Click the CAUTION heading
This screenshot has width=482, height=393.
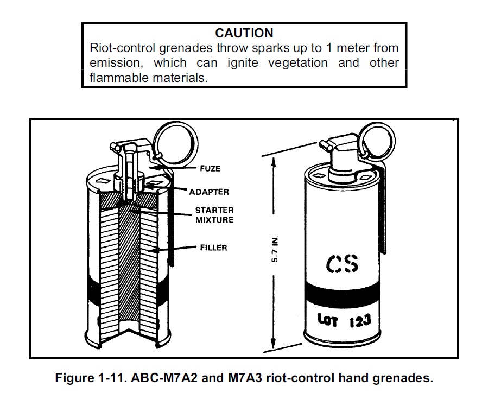click(x=244, y=33)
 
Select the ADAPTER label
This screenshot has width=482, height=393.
click(x=209, y=192)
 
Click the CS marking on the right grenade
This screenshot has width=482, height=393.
click(x=343, y=264)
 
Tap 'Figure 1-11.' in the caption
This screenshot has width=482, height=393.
click(x=90, y=377)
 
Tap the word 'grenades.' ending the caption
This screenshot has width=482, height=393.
click(x=407, y=377)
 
